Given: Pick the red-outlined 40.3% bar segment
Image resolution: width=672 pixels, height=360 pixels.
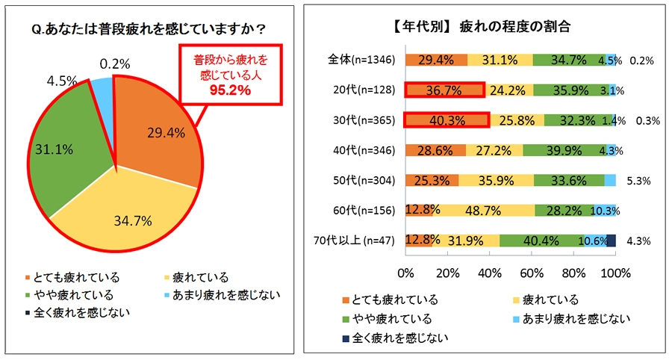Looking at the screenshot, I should tap(447, 120).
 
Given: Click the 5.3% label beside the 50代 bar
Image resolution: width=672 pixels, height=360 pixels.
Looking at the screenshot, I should tap(639, 181).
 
